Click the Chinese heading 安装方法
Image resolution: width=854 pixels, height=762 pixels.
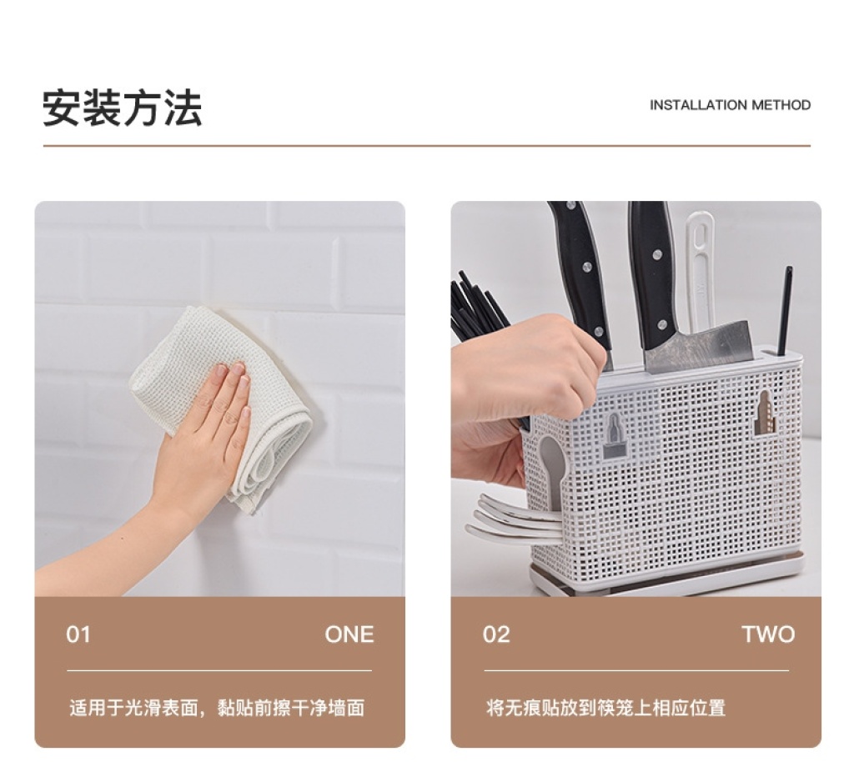[123, 108]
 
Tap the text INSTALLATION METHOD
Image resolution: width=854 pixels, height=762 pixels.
[730, 105]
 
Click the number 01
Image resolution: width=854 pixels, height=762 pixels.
[78, 634]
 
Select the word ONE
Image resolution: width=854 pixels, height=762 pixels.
[349, 634]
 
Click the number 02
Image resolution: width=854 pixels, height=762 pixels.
[496, 634]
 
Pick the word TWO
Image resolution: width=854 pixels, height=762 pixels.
[768, 634]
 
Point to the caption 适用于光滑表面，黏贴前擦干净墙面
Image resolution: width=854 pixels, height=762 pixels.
[217, 708]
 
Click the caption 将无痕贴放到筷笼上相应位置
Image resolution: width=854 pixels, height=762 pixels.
[605, 708]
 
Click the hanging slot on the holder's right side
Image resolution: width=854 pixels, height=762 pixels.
[764, 413]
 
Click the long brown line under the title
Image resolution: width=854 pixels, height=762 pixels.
[426, 146]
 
